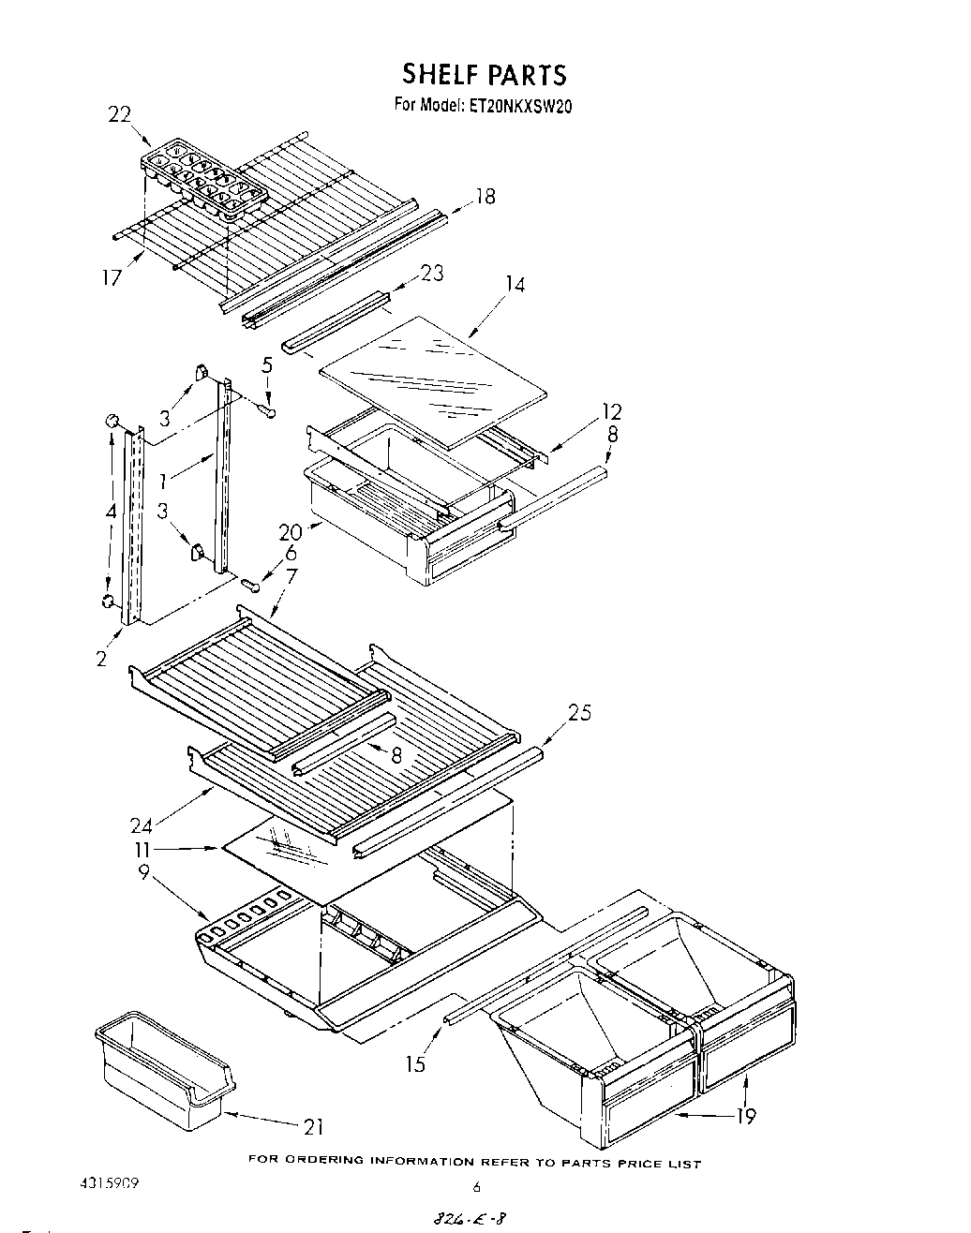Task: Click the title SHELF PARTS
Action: (x=485, y=74)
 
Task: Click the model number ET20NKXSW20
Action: (x=515, y=106)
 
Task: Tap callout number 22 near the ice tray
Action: (x=119, y=114)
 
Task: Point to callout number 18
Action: (x=485, y=197)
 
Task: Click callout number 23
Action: (x=431, y=274)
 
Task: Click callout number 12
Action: (x=611, y=412)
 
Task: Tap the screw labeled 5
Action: (x=270, y=409)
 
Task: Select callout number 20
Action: (x=290, y=532)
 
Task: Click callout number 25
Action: (x=580, y=713)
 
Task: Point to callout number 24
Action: (x=142, y=825)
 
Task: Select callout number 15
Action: (x=415, y=1063)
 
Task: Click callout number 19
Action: (x=745, y=1115)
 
